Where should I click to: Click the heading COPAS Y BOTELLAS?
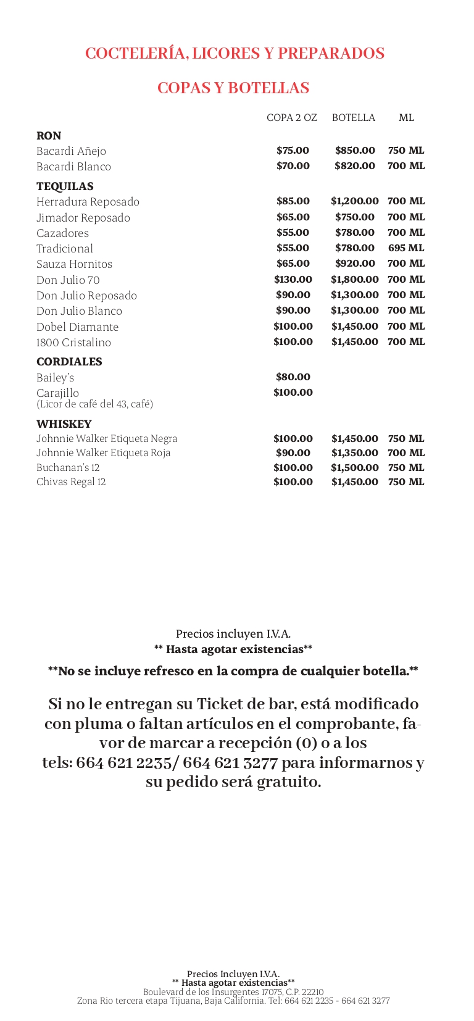[233, 88]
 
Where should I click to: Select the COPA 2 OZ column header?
[291, 118]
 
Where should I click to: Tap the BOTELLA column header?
[354, 118]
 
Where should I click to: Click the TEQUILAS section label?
[65, 186]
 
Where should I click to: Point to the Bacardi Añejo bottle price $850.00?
[355, 151]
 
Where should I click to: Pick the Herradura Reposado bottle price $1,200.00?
[354, 201]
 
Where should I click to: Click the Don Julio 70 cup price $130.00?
[293, 280]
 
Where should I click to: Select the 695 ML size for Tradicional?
[406, 248]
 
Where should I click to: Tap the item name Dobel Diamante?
[77, 327]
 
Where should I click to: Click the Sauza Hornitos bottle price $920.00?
[355, 264]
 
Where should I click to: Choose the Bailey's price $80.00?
[293, 377]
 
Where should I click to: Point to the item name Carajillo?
[57, 393]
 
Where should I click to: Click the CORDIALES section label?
[69, 362]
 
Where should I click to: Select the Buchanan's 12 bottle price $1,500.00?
[354, 468]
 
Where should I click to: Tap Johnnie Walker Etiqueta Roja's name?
[103, 453]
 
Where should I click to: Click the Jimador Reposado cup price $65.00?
[293, 217]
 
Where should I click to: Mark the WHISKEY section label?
[64, 424]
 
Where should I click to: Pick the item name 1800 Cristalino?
[73, 343]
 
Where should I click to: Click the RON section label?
[49, 136]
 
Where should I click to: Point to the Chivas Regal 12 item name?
[71, 482]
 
